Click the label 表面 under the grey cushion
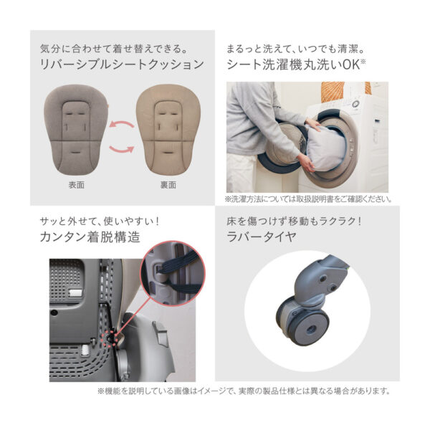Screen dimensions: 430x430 click(x=76, y=185)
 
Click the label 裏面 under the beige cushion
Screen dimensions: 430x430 click(x=168, y=185)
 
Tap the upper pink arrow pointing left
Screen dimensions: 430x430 click(x=121, y=124)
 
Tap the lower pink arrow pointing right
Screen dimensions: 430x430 click(x=122, y=150)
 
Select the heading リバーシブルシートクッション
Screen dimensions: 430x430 click(x=122, y=64)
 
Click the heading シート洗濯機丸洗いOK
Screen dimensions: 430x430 click(x=296, y=64)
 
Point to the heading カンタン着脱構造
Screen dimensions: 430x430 click(x=90, y=237)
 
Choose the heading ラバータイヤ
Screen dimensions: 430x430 click(x=262, y=237)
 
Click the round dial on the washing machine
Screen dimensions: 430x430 click(x=356, y=105)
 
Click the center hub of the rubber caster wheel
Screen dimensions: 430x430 click(x=311, y=328)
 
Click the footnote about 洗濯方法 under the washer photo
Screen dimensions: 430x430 click(x=308, y=199)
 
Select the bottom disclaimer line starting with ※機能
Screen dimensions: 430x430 click(x=244, y=391)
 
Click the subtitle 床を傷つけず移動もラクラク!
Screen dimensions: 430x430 click(x=294, y=221)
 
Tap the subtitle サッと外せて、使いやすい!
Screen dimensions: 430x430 click(x=100, y=221)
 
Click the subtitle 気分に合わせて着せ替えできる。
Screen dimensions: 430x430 click(x=115, y=49)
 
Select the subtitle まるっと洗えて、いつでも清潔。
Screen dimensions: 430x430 click(x=295, y=49)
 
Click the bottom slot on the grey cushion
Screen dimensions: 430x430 click(x=75, y=152)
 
